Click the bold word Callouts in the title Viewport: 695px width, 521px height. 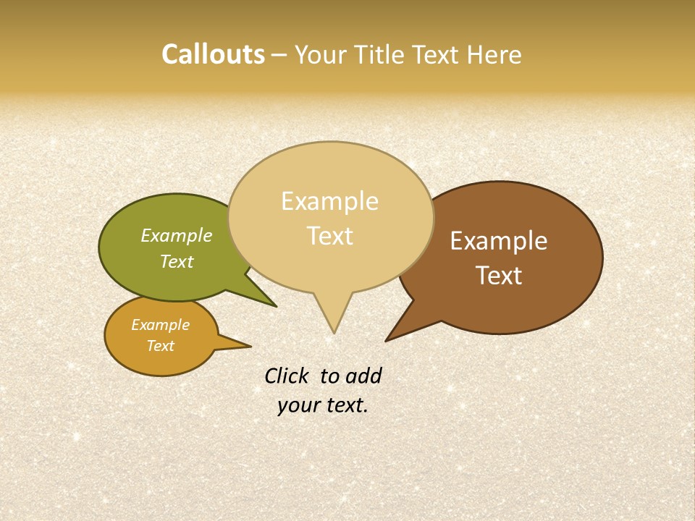click(213, 54)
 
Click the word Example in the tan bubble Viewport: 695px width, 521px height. click(329, 201)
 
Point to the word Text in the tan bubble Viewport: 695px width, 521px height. click(329, 236)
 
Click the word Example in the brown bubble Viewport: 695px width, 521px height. click(499, 241)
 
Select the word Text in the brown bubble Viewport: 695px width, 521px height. click(499, 276)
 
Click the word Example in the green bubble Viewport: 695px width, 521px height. click(177, 235)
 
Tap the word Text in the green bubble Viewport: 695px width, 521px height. click(177, 261)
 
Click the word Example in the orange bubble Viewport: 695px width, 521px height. click(160, 325)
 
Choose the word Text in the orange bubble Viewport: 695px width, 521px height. click(160, 346)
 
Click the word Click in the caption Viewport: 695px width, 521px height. click(287, 376)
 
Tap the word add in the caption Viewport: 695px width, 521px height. click(363, 376)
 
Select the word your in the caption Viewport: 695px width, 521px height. click(299, 405)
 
